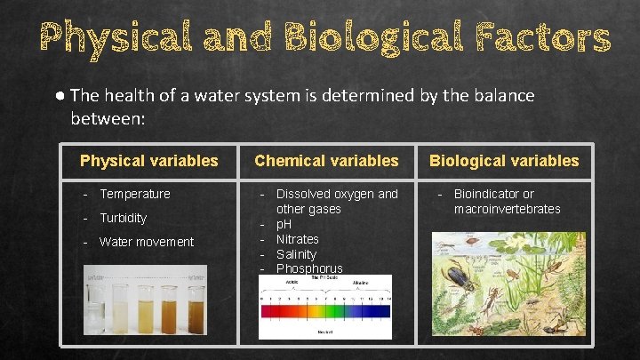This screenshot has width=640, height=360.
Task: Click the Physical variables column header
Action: [x=148, y=161]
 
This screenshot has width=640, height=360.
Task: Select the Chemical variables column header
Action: [x=326, y=161]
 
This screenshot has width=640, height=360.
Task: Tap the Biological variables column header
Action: [x=504, y=161]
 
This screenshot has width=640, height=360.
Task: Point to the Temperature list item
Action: [x=134, y=194]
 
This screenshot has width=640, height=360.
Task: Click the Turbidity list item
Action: [x=123, y=218]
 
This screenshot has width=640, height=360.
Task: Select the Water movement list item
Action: [x=146, y=242]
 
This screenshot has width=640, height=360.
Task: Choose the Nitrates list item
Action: [x=297, y=239]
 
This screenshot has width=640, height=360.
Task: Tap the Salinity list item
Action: [x=296, y=254]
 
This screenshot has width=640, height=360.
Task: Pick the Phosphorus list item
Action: [x=308, y=268]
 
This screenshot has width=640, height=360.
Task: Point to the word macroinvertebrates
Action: [x=507, y=209]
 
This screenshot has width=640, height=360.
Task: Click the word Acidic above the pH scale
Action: [x=291, y=282]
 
